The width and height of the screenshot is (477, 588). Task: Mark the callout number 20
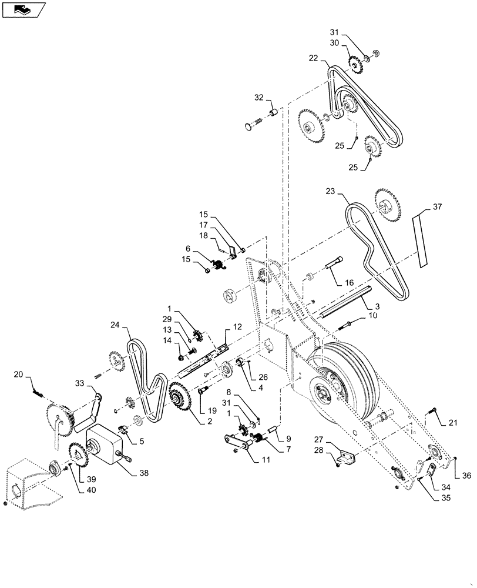(18, 375)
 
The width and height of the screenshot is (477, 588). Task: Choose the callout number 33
(80, 383)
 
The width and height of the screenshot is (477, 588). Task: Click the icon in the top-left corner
(23, 9)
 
